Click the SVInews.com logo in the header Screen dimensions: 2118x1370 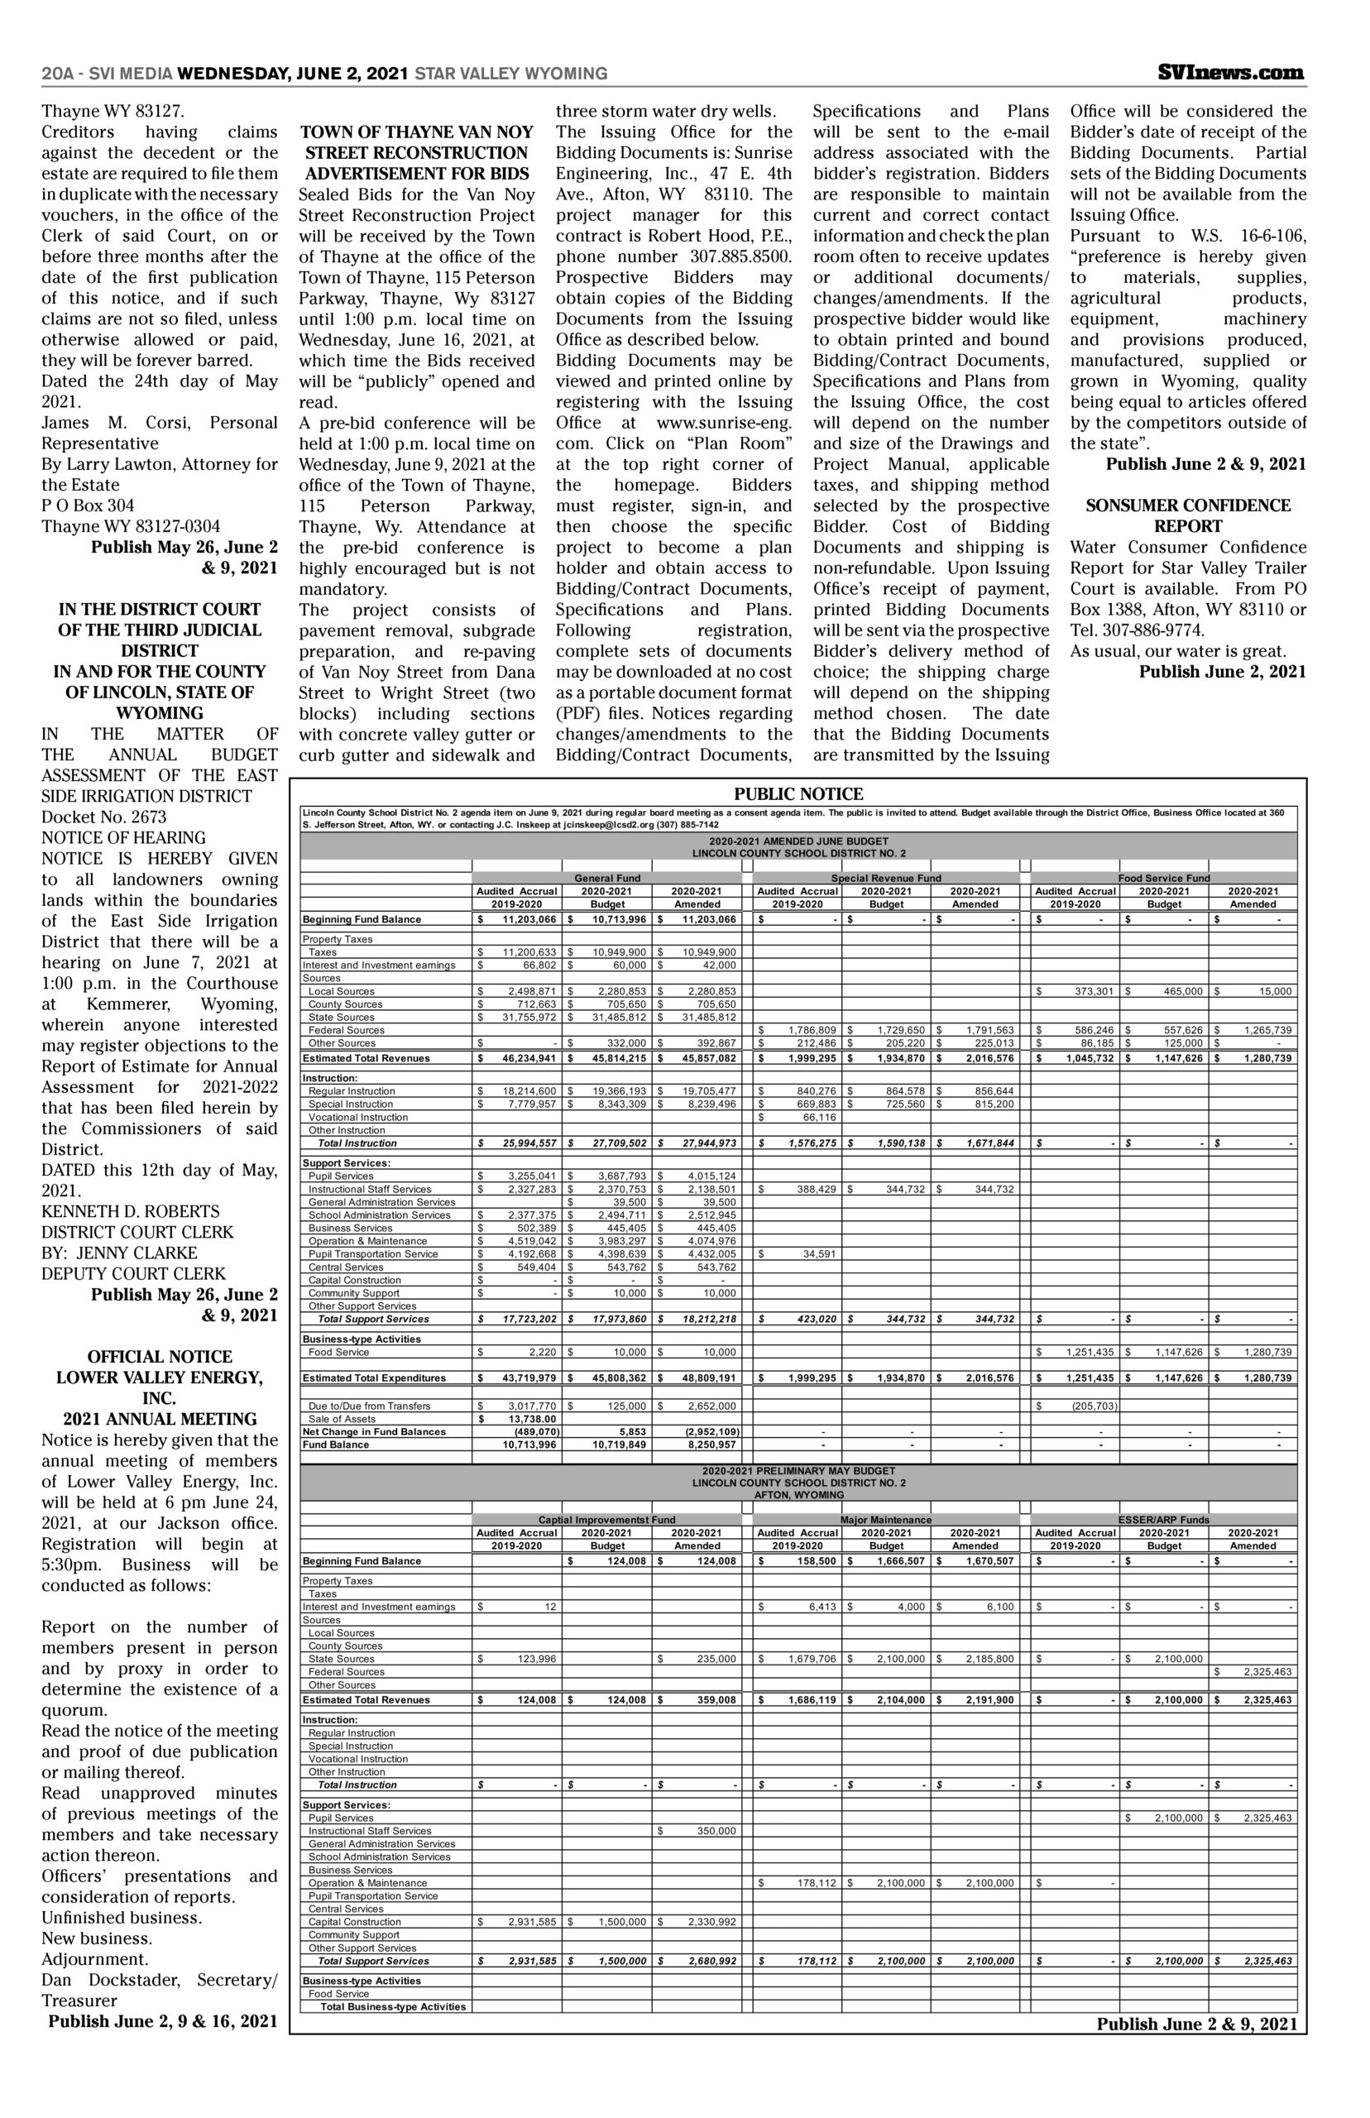1231,73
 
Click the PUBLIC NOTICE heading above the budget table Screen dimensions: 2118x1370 798,794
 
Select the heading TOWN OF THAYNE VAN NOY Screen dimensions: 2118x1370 416,132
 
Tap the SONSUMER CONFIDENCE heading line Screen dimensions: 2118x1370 1188,506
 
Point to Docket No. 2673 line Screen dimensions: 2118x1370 104,817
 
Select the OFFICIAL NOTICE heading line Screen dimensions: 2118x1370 160,1357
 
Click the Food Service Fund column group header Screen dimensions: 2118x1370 1165,878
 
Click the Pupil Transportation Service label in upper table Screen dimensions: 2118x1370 373,1254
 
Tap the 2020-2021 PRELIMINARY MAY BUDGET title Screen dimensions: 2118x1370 798,1470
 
